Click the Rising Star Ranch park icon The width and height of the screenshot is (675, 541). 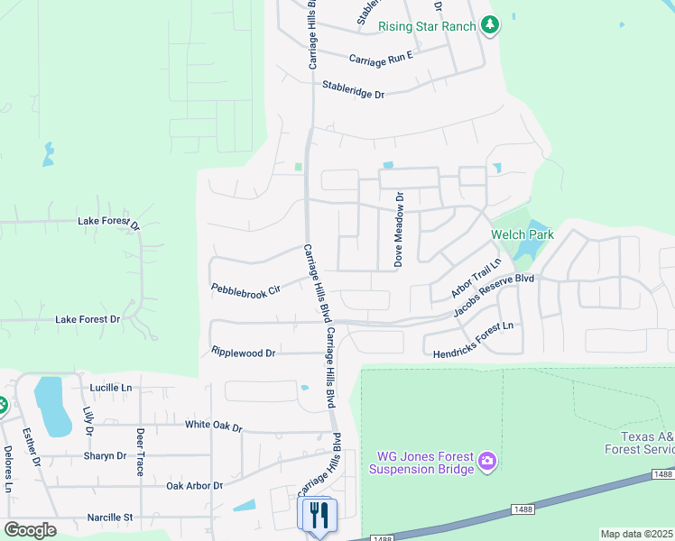click(x=490, y=25)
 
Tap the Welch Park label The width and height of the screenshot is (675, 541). click(x=522, y=234)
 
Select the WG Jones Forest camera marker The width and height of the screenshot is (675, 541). click(x=486, y=463)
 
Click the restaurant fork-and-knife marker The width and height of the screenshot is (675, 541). click(x=317, y=515)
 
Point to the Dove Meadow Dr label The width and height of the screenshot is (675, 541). click(x=398, y=229)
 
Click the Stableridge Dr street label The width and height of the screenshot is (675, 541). click(x=353, y=90)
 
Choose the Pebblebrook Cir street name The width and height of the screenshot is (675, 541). click(x=246, y=289)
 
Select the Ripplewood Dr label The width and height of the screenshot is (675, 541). click(x=243, y=353)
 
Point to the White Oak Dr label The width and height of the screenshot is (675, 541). click(x=214, y=425)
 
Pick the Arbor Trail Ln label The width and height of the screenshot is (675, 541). click(x=476, y=279)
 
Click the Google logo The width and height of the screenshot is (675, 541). click(x=30, y=529)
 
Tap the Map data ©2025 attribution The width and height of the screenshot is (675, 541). click(x=636, y=534)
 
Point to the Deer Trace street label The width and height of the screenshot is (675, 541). click(x=140, y=451)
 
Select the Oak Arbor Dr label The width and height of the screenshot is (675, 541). click(x=194, y=485)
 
